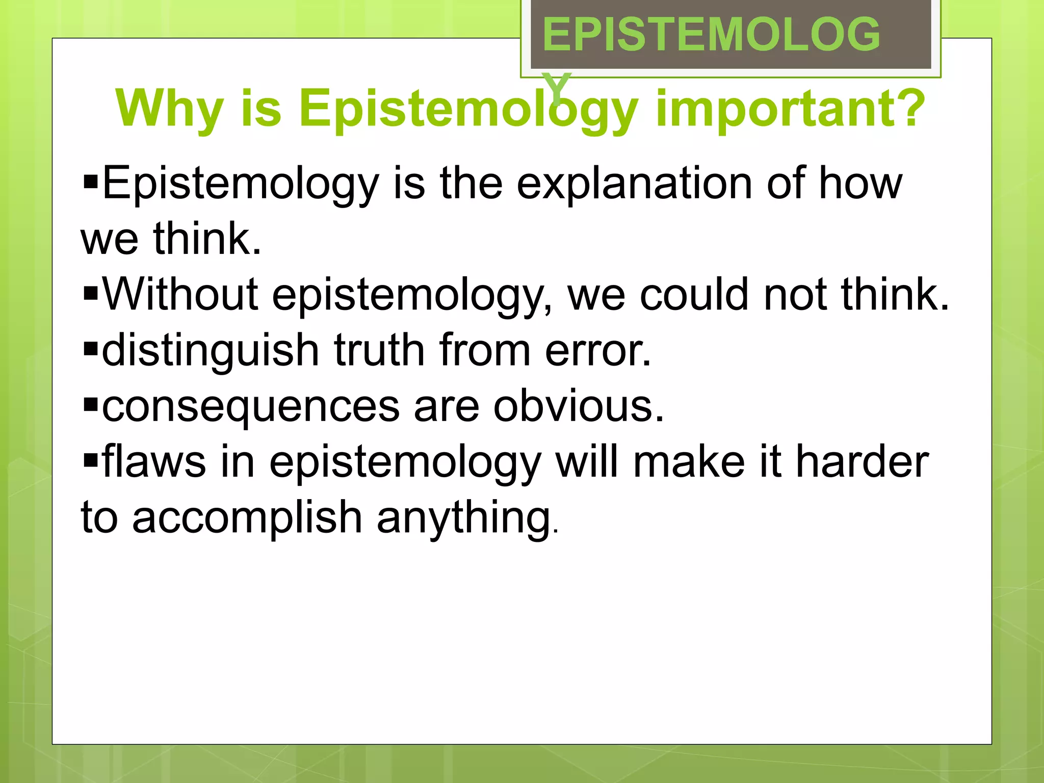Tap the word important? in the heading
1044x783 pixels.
(790, 109)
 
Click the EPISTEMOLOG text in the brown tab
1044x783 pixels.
(711, 35)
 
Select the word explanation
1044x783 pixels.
(635, 184)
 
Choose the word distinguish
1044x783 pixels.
(211, 351)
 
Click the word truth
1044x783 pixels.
(379, 351)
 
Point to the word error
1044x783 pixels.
(598, 351)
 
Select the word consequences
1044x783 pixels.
(251, 406)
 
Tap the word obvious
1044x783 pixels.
(579, 406)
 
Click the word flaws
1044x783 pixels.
(154, 462)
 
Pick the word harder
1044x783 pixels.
(863, 462)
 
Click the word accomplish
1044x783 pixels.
(247, 518)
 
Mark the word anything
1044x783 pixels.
(465, 518)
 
